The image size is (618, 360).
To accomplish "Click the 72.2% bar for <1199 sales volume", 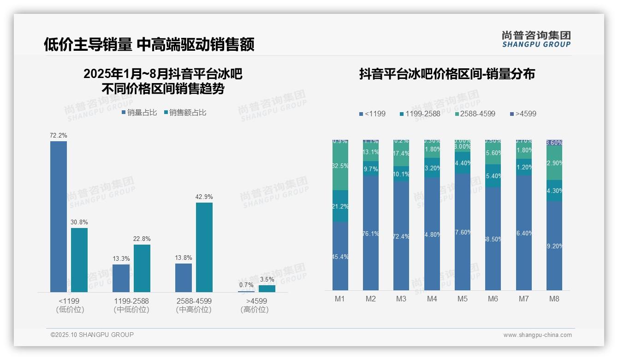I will [x=59, y=216].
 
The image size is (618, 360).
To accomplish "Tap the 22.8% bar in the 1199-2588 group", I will [x=142, y=268].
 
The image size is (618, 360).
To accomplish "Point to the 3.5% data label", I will [x=267, y=279].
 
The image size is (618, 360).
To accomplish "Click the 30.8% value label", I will [x=79, y=222].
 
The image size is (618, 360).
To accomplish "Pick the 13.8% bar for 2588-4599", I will [x=184, y=277].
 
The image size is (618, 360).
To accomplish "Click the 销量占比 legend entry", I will [x=139, y=112].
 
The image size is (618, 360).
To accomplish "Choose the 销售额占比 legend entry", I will [x=184, y=112].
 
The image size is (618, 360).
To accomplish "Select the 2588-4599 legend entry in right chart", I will [x=475, y=114].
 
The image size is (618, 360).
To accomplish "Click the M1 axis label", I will [x=340, y=299].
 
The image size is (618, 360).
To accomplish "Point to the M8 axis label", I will [x=554, y=299].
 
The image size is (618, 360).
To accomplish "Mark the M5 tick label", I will [x=463, y=299].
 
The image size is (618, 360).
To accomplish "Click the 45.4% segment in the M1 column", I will [x=340, y=256].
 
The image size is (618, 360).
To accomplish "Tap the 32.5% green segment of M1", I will [x=340, y=165].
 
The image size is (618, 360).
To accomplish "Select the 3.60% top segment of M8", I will [x=554, y=143].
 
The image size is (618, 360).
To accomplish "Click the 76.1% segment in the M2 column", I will [x=371, y=233].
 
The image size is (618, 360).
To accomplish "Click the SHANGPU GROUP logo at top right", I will [x=536, y=39].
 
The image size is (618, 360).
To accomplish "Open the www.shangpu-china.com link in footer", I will [x=537, y=335].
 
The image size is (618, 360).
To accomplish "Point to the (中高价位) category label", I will [x=194, y=310].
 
